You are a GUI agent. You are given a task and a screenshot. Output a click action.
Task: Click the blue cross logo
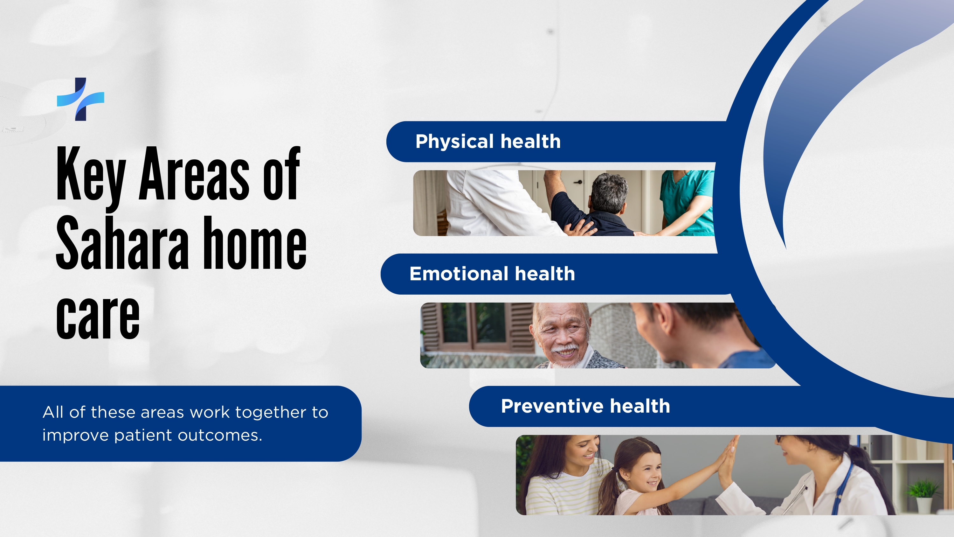tap(81, 99)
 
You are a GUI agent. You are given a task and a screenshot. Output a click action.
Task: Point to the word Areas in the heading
tap(194, 173)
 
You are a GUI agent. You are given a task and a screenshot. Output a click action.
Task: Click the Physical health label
tap(488, 142)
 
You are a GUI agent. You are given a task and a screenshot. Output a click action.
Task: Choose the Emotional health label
tap(492, 274)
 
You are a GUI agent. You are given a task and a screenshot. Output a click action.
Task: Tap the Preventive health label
tap(585, 406)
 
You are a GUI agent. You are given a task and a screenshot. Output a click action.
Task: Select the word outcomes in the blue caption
tap(220, 436)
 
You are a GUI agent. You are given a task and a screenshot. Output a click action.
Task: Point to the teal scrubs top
tap(687, 200)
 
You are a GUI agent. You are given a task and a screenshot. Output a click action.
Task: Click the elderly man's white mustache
tap(565, 350)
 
